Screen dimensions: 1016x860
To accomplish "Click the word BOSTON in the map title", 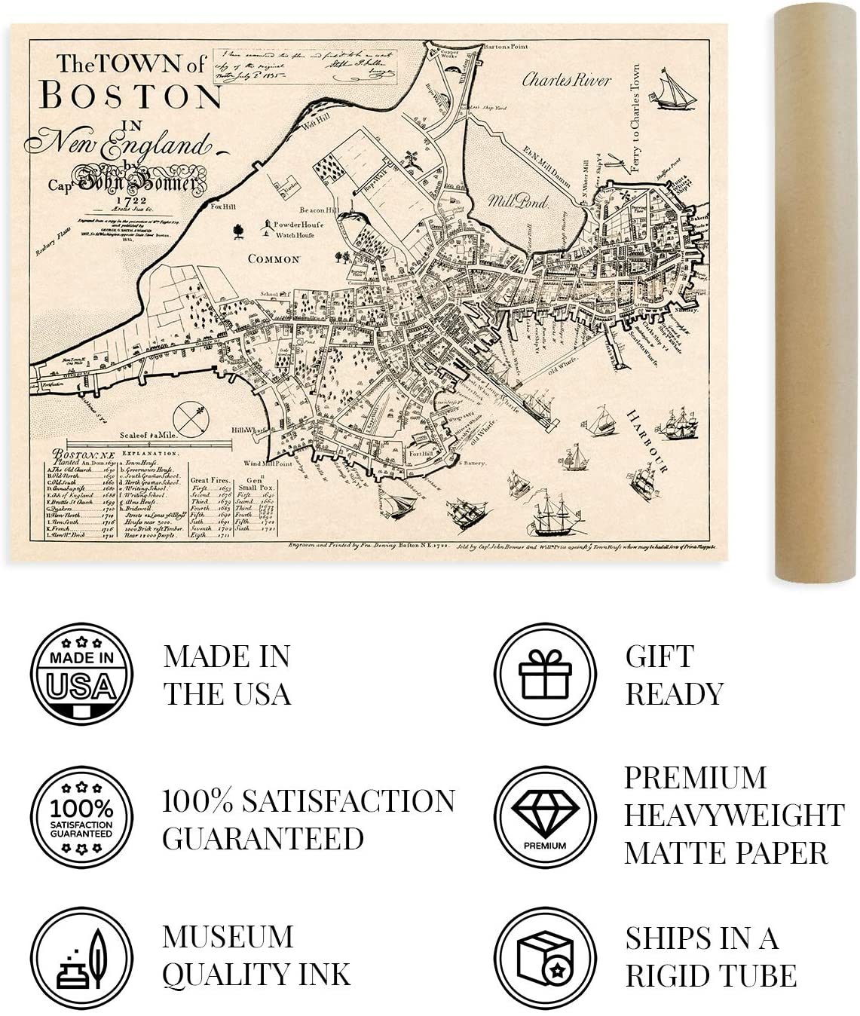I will point(130,96).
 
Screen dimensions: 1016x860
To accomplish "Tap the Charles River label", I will point(566,80).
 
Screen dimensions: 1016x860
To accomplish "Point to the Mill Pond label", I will point(518,201).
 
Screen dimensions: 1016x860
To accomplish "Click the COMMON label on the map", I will point(274,259).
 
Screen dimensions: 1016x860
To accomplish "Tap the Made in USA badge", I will point(81,673).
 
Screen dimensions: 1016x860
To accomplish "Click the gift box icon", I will point(545,673).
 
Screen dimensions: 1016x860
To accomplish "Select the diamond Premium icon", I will point(545,817).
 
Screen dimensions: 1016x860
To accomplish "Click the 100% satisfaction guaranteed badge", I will point(81,817).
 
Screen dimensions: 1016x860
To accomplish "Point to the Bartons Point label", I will point(507,47).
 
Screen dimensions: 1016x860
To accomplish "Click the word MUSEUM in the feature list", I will point(228,937).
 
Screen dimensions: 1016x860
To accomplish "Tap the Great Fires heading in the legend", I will point(210,480).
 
